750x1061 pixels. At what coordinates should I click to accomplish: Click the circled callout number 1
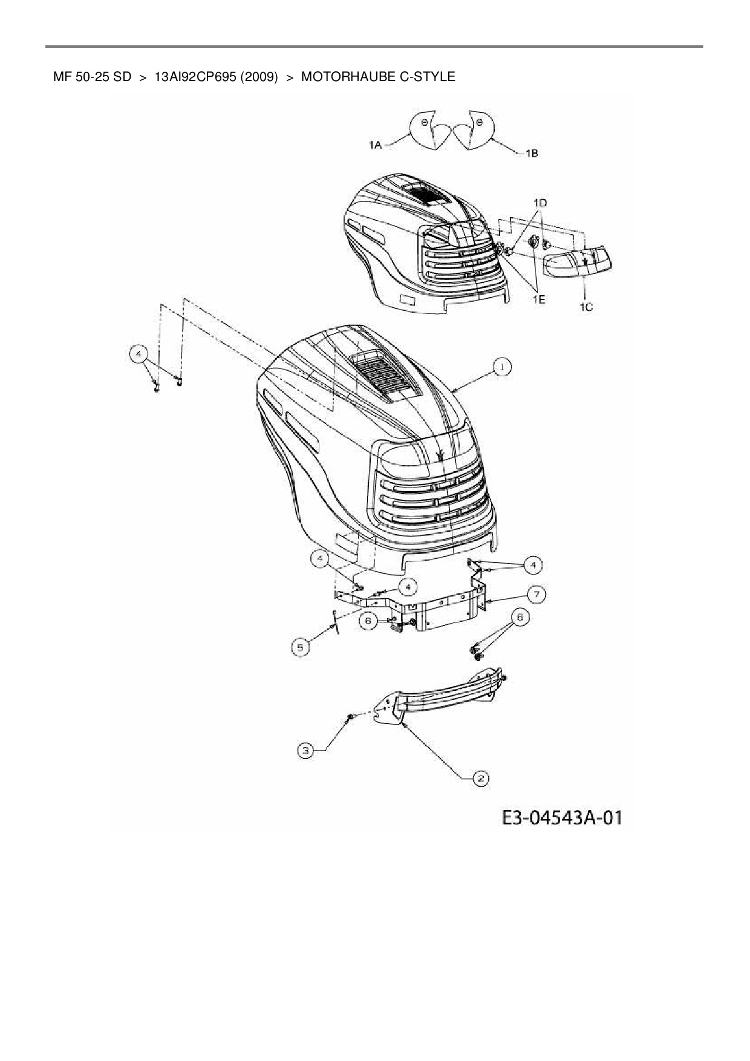coord(501,366)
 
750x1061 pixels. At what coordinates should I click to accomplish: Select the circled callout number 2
coord(480,778)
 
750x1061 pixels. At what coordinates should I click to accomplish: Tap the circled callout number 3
coord(306,751)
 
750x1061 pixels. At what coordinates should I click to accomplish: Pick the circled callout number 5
coord(299,648)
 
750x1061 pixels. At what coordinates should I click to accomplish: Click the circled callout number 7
coord(536,594)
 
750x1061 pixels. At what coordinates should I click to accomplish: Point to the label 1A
coord(375,145)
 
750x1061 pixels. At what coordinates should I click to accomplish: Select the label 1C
coord(585,307)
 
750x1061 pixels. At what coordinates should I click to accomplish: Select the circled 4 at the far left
coord(139,353)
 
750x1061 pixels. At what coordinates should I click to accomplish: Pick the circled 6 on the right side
coord(518,617)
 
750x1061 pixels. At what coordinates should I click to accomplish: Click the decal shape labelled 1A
coord(428,129)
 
